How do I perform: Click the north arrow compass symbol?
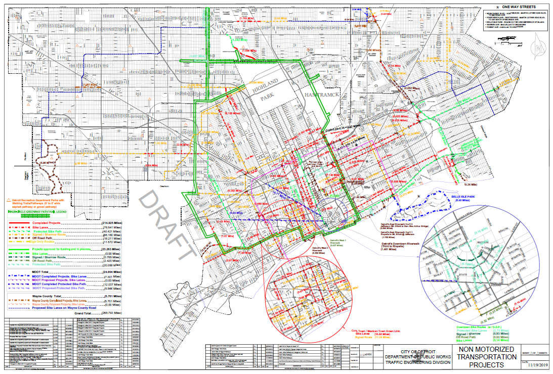[x=539, y=47]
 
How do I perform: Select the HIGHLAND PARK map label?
[x=266, y=89]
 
